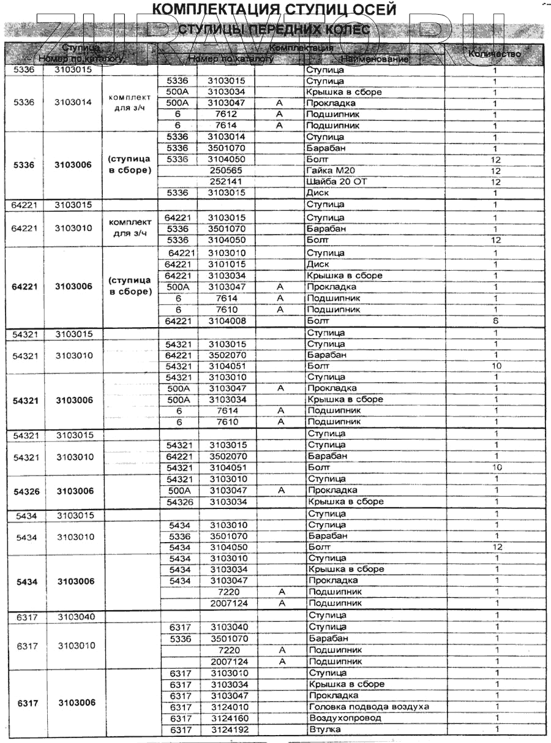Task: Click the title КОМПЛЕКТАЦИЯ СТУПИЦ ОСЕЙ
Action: [x=273, y=9]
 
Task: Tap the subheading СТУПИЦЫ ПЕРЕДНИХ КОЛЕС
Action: [x=274, y=29]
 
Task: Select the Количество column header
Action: [x=495, y=53]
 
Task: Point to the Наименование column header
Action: [x=374, y=59]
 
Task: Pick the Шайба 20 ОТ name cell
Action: [x=335, y=182]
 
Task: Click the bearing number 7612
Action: [x=227, y=115]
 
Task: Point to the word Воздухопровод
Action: [x=345, y=718]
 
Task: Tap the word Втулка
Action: [x=325, y=730]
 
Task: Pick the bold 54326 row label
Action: [x=27, y=491]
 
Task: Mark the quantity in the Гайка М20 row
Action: [x=496, y=171]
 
